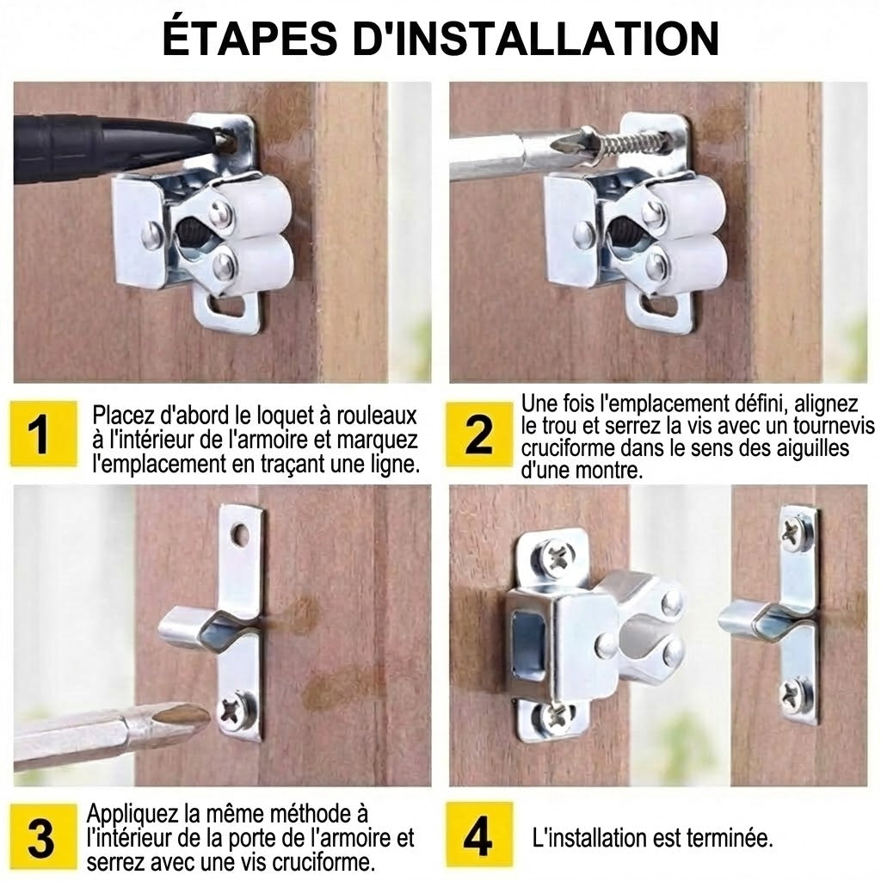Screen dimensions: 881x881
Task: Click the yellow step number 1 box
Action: click(x=38, y=434)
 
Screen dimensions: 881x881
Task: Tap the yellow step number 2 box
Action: click(x=479, y=434)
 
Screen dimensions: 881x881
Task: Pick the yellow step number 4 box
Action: click(x=479, y=835)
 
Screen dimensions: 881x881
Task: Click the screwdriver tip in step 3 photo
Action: click(x=181, y=714)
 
